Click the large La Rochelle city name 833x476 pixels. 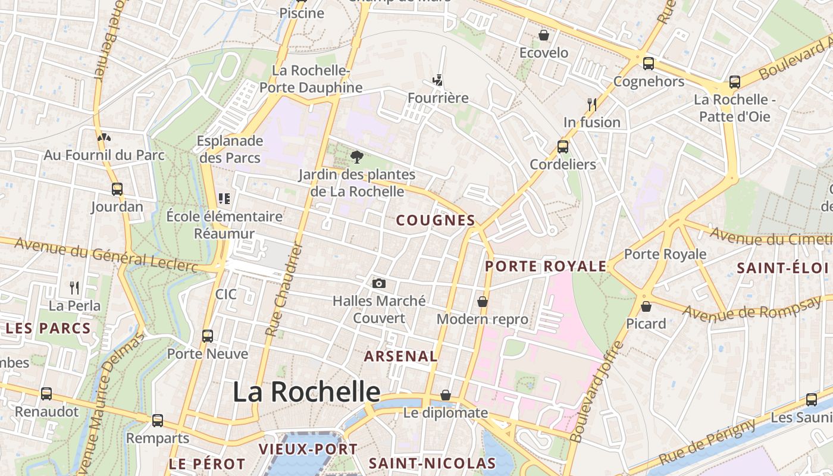click(x=306, y=392)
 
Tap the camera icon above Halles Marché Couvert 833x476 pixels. click(x=378, y=284)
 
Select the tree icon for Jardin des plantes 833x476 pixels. click(x=357, y=157)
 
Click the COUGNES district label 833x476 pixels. click(x=436, y=220)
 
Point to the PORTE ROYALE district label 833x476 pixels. click(x=546, y=266)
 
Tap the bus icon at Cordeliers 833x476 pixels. click(x=563, y=146)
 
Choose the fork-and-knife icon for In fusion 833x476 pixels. click(x=591, y=105)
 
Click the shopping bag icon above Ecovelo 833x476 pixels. click(x=543, y=35)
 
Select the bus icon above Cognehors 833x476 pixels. click(x=648, y=63)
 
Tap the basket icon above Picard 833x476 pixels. click(x=646, y=306)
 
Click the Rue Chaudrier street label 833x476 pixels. click(x=284, y=290)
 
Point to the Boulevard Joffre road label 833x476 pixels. click(x=591, y=394)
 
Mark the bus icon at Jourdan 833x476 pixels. click(x=117, y=189)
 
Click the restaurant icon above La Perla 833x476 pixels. click(x=74, y=288)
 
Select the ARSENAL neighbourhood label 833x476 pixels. click(x=400, y=356)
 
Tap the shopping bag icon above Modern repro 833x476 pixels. click(x=483, y=302)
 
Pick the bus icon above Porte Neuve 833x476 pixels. click(x=207, y=336)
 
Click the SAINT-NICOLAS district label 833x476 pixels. click(x=432, y=463)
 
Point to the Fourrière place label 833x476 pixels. click(x=438, y=98)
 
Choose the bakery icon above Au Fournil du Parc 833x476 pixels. click(x=104, y=137)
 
